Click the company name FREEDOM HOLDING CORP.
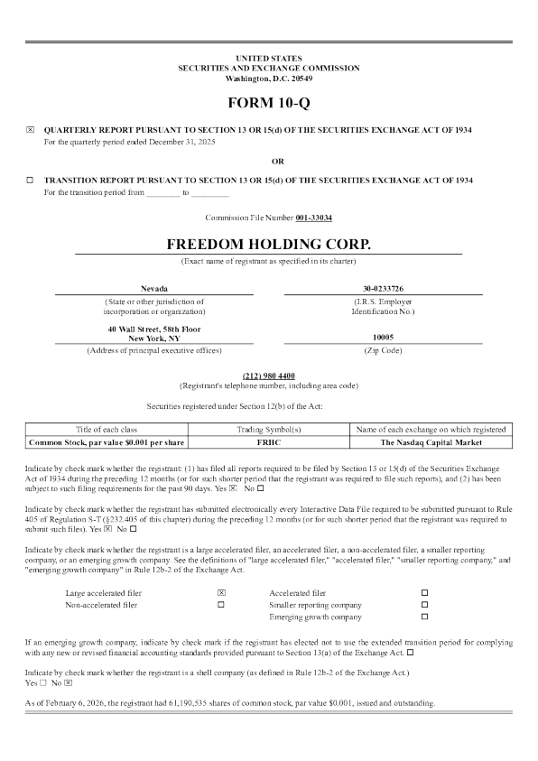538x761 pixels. pos(269,245)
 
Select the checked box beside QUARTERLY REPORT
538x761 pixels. pos(31,130)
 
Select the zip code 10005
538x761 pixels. pos(383,339)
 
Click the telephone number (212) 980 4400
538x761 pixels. pos(269,374)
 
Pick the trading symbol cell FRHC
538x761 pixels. pos(268,443)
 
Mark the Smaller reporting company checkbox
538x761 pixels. pos(425,605)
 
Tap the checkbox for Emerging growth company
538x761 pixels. pos(425,617)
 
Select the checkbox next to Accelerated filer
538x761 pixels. pos(425,592)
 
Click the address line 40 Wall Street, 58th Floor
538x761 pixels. pos(154,329)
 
